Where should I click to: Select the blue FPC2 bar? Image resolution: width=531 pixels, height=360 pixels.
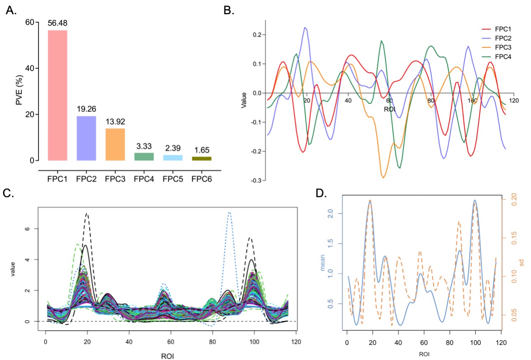click(86, 138)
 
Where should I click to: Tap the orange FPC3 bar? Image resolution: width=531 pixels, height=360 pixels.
click(115, 145)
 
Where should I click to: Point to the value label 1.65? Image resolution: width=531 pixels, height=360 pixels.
click(201, 149)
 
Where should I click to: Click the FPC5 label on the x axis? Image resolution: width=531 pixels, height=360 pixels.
click(173, 178)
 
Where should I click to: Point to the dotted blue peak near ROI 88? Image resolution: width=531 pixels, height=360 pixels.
click(229, 213)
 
